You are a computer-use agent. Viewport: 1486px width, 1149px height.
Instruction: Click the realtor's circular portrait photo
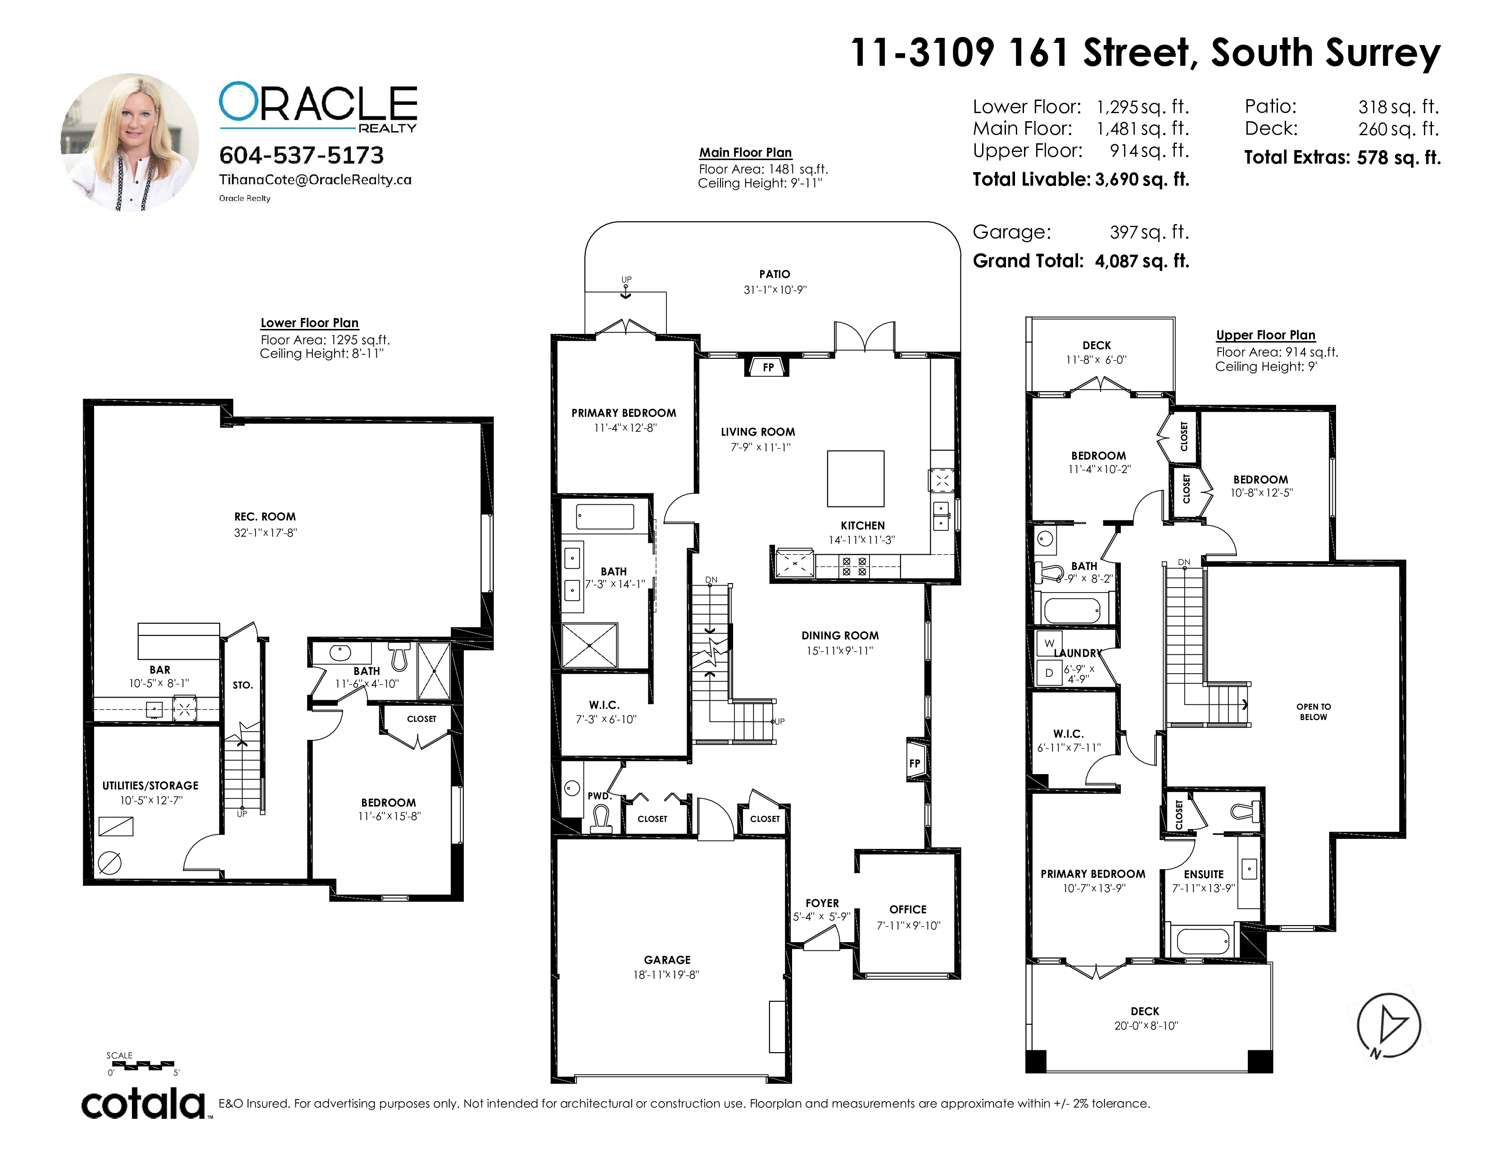(x=130, y=142)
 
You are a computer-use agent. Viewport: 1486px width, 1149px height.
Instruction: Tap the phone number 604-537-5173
(x=301, y=155)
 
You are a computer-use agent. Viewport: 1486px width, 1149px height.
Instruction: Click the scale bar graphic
(x=141, y=1064)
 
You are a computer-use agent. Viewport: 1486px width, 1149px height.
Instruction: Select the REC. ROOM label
(x=265, y=517)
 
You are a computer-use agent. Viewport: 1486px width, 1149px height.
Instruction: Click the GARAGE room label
(x=667, y=960)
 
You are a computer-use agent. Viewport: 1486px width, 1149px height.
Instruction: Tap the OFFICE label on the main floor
(x=908, y=909)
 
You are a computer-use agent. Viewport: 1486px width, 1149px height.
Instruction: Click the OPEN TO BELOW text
(x=1313, y=712)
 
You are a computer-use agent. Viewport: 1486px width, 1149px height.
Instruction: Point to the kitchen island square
(x=855, y=479)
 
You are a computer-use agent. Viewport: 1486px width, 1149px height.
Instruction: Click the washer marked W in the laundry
(x=1049, y=643)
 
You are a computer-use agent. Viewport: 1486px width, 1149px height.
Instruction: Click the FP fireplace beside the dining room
(x=915, y=763)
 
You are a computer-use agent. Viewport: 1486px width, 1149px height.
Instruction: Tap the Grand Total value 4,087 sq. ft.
(x=1142, y=261)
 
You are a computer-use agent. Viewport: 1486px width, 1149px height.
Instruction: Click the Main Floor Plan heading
(x=745, y=152)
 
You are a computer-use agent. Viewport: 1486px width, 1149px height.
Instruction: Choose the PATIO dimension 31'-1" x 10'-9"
(x=775, y=290)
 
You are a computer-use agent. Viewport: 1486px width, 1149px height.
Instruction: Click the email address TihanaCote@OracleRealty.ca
(x=315, y=180)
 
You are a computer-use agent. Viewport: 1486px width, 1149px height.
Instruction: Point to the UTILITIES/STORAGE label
(x=150, y=785)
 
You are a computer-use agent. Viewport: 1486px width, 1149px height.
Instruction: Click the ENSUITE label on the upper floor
(x=1204, y=875)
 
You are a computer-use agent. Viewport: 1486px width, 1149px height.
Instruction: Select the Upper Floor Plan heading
(x=1265, y=335)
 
